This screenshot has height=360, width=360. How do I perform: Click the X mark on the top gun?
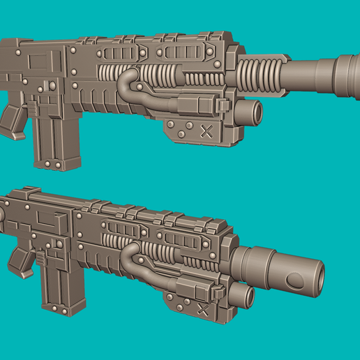pyautogui.click(x=206, y=130)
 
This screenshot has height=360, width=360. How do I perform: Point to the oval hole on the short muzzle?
pyautogui.click(x=296, y=281)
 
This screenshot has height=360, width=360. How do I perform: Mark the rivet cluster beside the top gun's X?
pyautogui.click(x=181, y=129)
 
